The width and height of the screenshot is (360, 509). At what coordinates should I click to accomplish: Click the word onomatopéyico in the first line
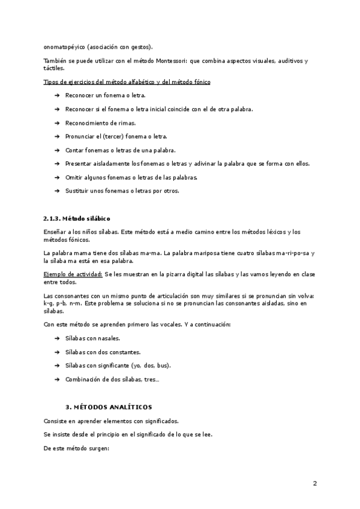click(64, 47)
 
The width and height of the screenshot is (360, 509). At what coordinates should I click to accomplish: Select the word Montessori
click(174, 61)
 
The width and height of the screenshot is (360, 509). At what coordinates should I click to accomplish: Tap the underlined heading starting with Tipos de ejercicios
click(127, 82)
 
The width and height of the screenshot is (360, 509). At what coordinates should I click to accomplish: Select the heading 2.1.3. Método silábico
click(77, 218)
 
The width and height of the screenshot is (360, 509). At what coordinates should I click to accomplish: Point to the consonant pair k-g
click(49, 304)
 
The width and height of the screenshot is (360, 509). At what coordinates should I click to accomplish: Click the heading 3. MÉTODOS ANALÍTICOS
click(109, 407)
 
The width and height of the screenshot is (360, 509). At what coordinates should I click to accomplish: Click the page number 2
click(315, 483)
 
